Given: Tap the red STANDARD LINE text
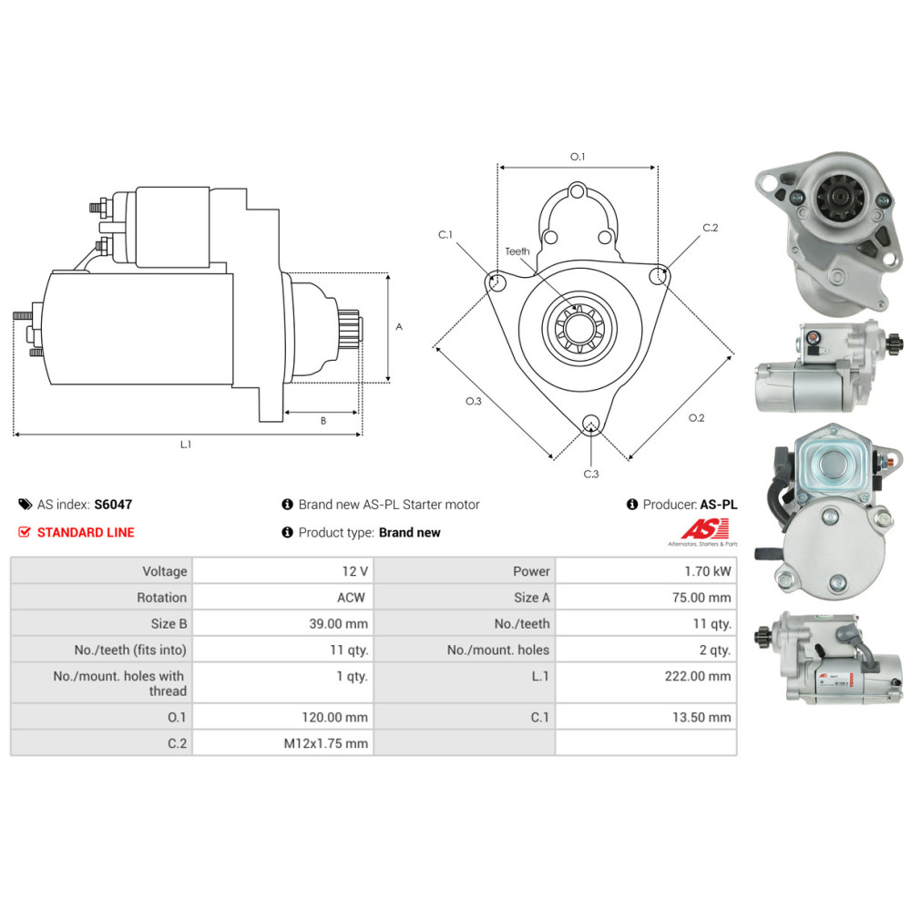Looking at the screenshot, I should coord(86,532).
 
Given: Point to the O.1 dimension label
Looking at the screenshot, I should coord(578,157).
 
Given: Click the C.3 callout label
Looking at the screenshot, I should coord(591,474).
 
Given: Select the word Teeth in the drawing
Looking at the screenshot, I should coord(517,251).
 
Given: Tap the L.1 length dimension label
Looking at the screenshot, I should coord(186,445).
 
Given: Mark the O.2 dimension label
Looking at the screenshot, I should coord(696,418).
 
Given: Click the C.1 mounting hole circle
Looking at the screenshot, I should coord(497,282).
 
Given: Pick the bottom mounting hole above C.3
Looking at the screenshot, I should coord(591,422).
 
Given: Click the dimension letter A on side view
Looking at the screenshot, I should coord(399,326).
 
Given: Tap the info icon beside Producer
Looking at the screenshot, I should coord(631,504).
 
